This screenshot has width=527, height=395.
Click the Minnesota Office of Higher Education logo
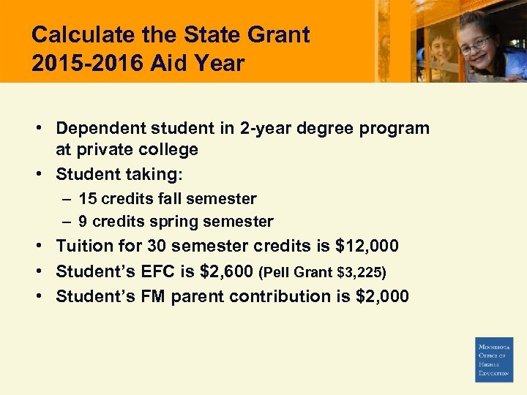tap(494, 359)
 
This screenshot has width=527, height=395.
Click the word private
tap(102, 150)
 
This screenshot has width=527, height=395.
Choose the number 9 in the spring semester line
tap(83, 222)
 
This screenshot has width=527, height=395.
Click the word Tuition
tap(83, 246)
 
